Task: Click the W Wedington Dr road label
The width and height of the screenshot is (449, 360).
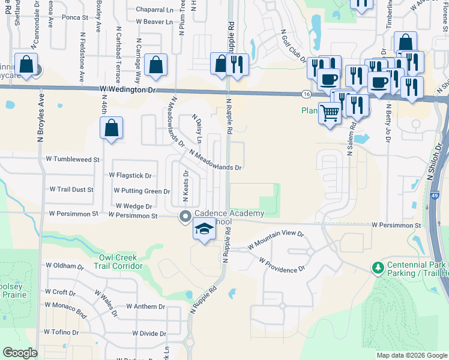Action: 127,90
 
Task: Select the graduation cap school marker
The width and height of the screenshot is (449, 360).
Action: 204,230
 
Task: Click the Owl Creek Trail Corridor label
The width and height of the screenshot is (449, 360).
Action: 121,262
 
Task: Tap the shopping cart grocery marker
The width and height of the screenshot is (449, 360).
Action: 330,112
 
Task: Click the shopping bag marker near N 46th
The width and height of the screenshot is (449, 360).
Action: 111,128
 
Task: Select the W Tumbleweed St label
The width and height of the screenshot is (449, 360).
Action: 73,160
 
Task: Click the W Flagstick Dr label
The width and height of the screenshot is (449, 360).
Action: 130,175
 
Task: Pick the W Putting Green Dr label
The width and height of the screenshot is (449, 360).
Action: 142,191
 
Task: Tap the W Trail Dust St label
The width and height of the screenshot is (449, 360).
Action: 71,190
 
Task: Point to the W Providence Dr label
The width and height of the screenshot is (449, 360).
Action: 282,265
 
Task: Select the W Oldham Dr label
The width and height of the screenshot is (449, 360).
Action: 64,265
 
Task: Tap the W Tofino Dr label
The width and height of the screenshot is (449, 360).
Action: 62,332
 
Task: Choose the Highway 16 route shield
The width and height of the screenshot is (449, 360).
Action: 306,94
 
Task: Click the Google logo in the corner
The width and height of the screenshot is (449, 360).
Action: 20,353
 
